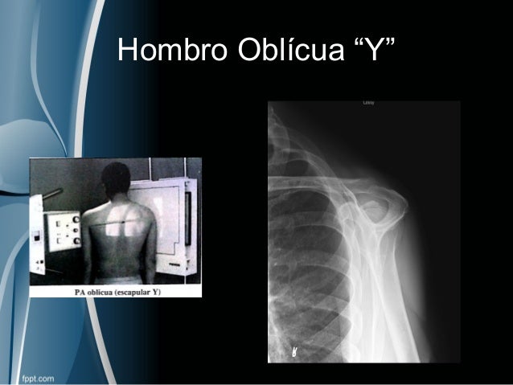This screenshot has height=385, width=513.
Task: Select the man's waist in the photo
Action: [121, 269]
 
